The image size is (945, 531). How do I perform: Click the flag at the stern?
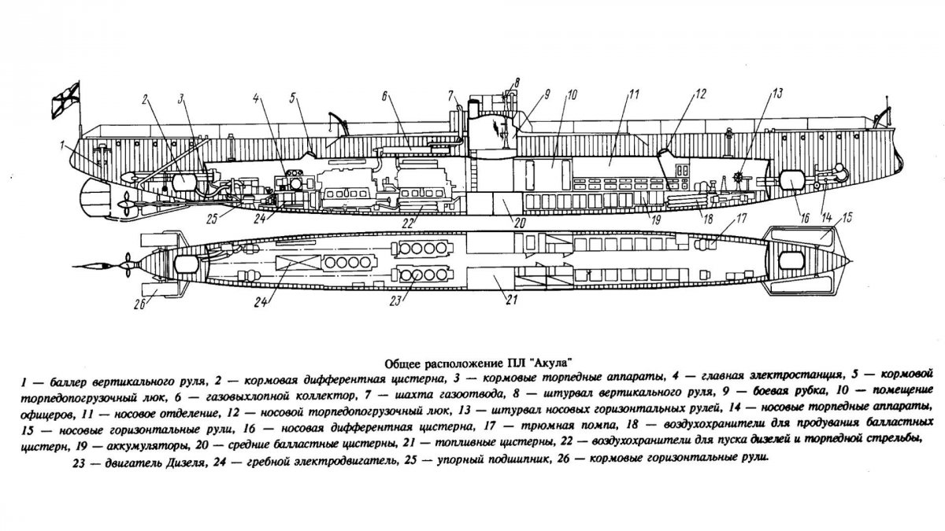pyautogui.click(x=63, y=100)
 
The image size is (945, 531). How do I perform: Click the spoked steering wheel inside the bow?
pyautogui.click(x=739, y=177)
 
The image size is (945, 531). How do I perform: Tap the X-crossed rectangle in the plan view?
pyautogui.click(x=294, y=262)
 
